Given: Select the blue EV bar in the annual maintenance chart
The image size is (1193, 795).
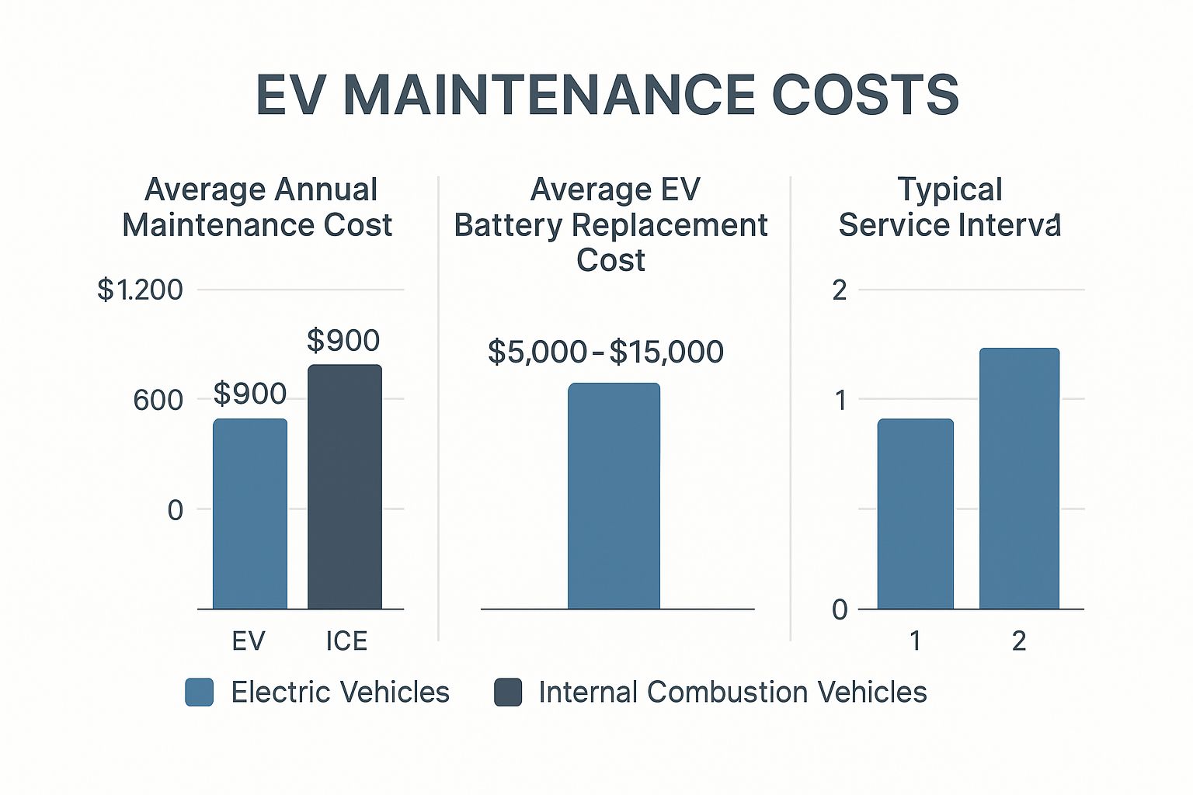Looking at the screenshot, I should pos(250,513).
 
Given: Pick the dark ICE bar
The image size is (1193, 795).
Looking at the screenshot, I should pos(345,486).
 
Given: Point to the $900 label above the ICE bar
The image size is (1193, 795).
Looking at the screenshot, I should pos(343,341).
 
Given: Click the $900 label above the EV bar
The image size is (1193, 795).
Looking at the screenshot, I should pos(250,394).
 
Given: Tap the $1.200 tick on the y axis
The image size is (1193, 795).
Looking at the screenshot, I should pos(141,290).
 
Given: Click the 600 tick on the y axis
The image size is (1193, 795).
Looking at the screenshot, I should pos(158,401).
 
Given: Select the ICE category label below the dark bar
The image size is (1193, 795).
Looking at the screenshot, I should pos(346,641).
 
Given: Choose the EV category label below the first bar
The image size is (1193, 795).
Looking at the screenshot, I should pos(249,641).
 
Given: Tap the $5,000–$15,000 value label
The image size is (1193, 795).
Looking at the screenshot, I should pos(606,352).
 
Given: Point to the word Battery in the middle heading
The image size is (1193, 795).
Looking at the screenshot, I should pos(508,226).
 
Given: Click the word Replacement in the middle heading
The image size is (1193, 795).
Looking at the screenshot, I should pos(670,226).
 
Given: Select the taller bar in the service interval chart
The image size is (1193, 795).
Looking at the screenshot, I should pos(1019,478).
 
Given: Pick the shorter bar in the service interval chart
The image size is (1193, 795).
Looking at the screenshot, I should pos(916,513).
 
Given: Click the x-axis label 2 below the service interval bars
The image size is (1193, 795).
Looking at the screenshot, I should pos(1019,641).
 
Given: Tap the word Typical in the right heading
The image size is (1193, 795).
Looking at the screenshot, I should pos(950,189).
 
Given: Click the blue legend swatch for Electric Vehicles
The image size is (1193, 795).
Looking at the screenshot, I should pos(200,693).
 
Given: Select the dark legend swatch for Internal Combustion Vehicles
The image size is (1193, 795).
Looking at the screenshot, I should pos(508,693).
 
